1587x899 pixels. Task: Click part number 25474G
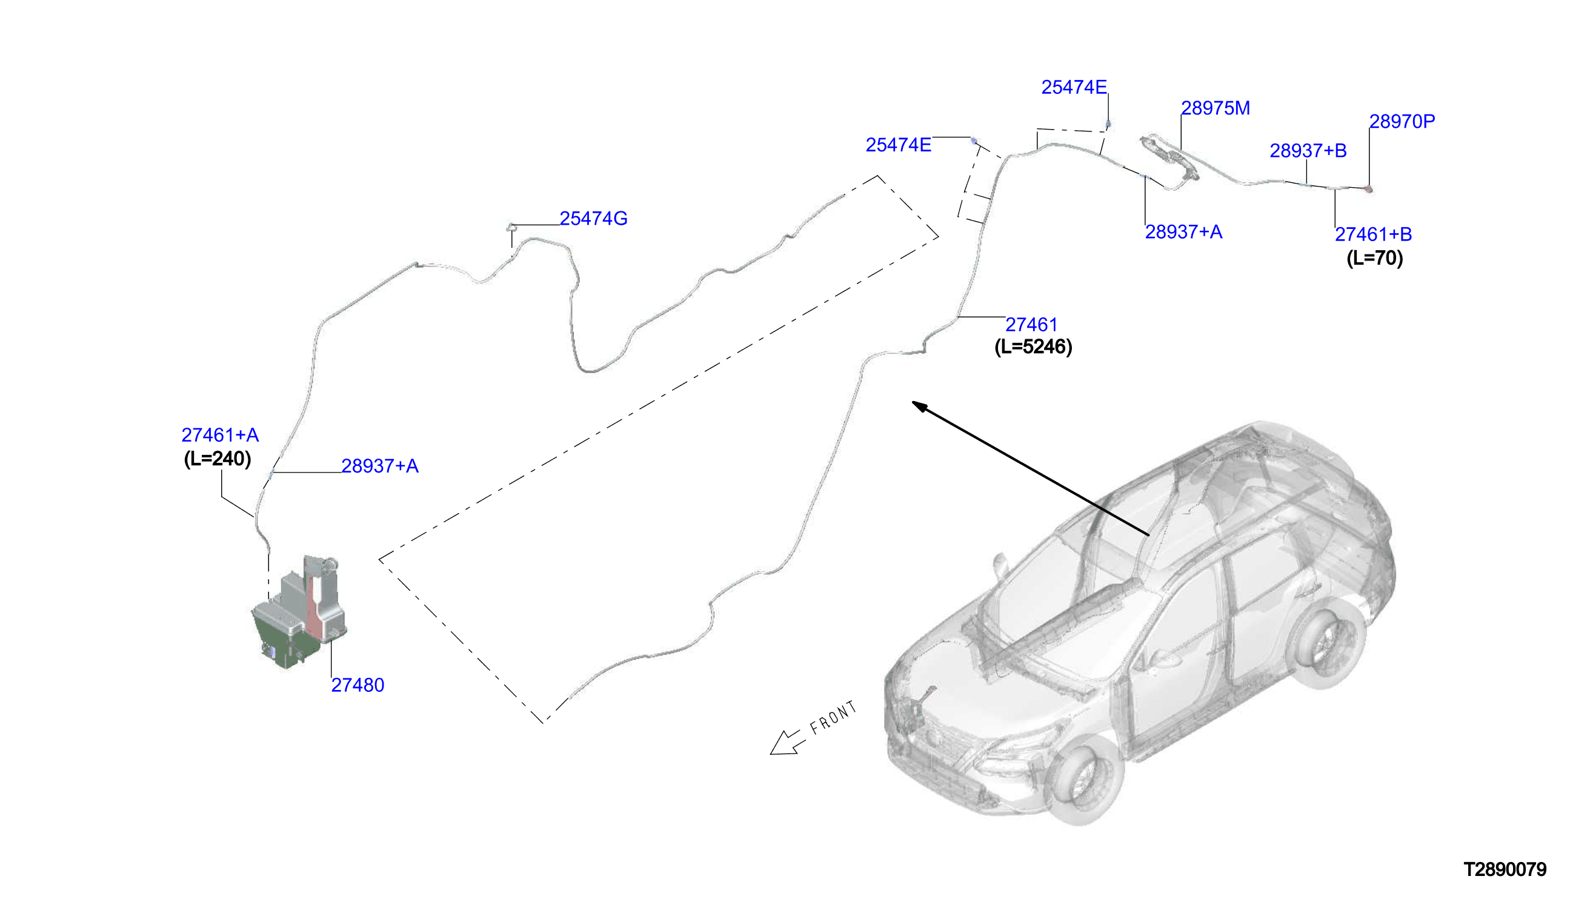tap(593, 219)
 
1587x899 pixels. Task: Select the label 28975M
tap(1215, 108)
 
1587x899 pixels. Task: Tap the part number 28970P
tap(1402, 122)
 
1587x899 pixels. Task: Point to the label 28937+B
tap(1307, 151)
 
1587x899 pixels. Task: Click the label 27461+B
tap(1372, 234)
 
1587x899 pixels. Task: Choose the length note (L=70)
tap(1374, 258)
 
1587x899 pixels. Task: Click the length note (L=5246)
tap(1033, 347)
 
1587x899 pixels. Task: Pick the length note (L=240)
tap(218, 459)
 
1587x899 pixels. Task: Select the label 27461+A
tap(220, 436)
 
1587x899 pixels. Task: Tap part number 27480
tap(358, 685)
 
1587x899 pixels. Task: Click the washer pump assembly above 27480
tap(300, 612)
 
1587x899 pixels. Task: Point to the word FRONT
tap(833, 717)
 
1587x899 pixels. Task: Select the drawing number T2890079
tap(1504, 870)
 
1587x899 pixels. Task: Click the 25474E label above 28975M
tap(1074, 88)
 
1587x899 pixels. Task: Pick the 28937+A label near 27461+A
tap(380, 466)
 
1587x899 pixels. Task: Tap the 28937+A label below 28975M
tap(1183, 232)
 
